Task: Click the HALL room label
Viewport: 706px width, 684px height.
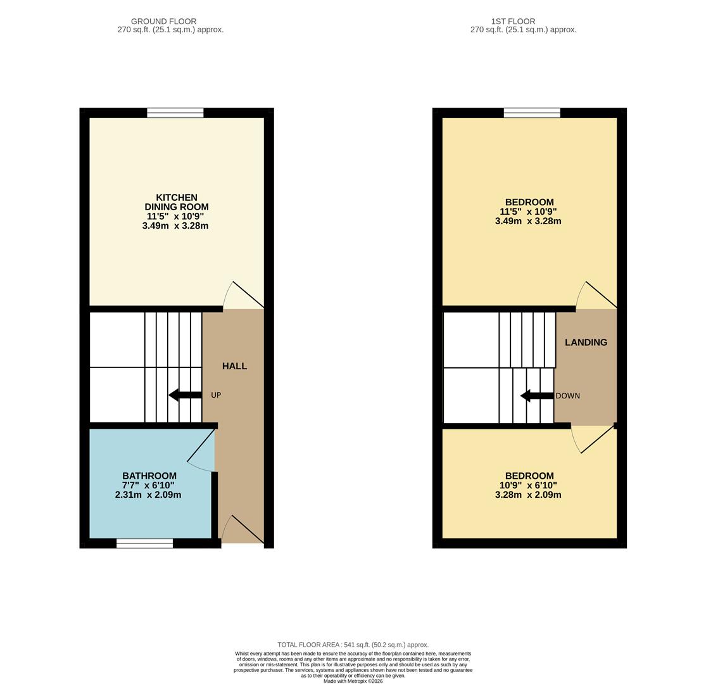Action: pyautogui.click(x=234, y=366)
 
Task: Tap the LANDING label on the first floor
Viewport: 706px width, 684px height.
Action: pyautogui.click(x=586, y=343)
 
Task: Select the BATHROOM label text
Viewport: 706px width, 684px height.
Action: pyautogui.click(x=149, y=476)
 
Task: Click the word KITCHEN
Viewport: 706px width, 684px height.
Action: pyautogui.click(x=177, y=198)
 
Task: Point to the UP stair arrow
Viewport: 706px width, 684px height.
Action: pyautogui.click(x=186, y=395)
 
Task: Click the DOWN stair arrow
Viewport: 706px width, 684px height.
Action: pyautogui.click(x=537, y=396)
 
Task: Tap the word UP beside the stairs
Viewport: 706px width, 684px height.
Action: pyautogui.click(x=216, y=395)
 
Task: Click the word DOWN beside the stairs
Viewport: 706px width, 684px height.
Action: pyautogui.click(x=568, y=396)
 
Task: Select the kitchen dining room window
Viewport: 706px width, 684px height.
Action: pyautogui.click(x=175, y=113)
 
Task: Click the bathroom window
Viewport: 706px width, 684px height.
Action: pyautogui.click(x=144, y=543)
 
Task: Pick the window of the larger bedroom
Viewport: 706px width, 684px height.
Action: pyautogui.click(x=532, y=113)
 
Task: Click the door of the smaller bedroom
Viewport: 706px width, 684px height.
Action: pyautogui.click(x=594, y=438)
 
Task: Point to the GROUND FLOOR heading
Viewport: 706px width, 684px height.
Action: pyautogui.click(x=163, y=22)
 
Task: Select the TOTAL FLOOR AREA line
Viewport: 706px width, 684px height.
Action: pyautogui.click(x=353, y=645)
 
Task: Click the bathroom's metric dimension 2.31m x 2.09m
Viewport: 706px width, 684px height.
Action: pyautogui.click(x=148, y=495)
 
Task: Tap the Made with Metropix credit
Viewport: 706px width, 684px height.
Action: pyautogui.click(x=353, y=681)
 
